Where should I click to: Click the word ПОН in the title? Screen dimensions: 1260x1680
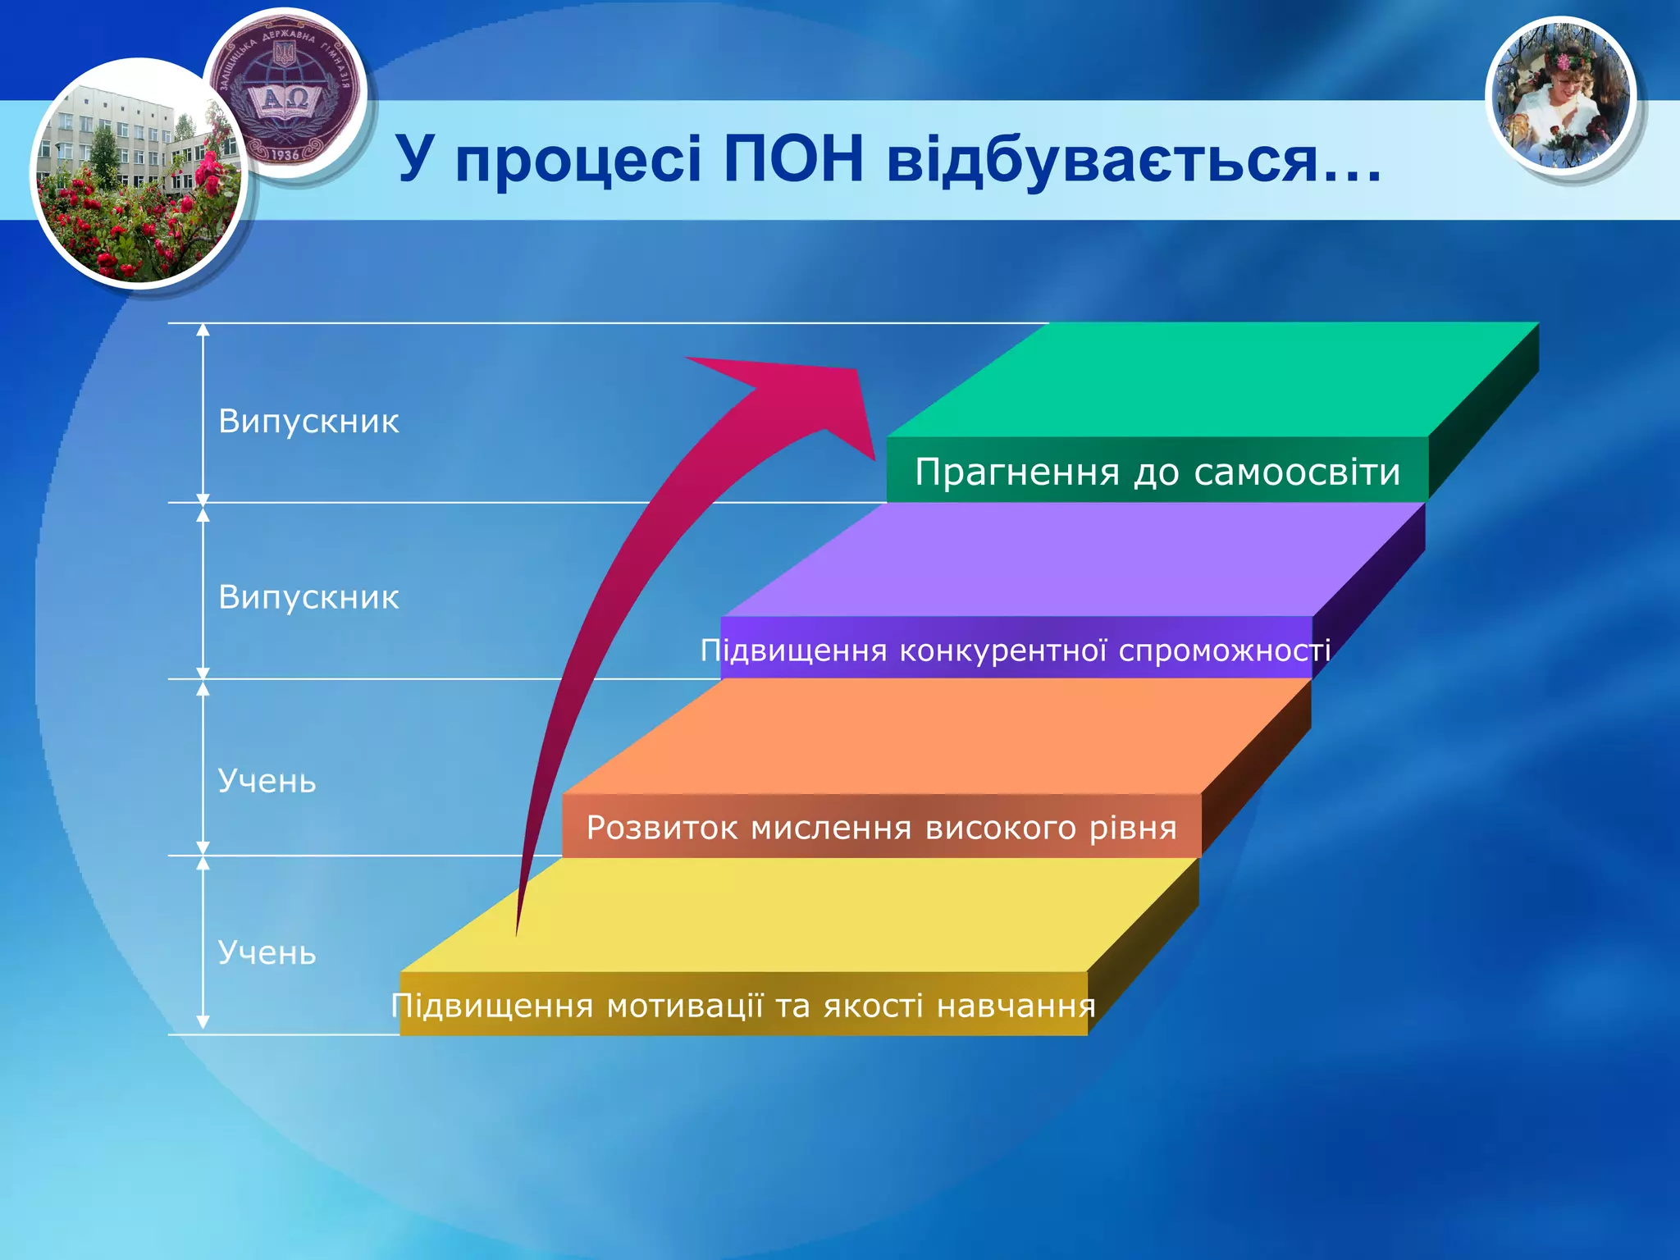pyautogui.click(x=793, y=158)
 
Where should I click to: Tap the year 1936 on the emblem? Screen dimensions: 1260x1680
pyautogui.click(x=285, y=154)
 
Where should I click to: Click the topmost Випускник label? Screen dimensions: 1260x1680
pyautogui.click(x=308, y=422)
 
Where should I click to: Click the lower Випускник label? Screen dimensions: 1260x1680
pyautogui.click(x=308, y=597)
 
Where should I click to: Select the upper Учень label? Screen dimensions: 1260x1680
pyautogui.click(x=267, y=781)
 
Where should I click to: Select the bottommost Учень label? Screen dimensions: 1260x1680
pyautogui.click(x=267, y=953)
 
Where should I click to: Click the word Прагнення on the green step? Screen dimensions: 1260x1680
pyautogui.click(x=1017, y=472)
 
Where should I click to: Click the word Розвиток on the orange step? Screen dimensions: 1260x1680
pyautogui.click(x=662, y=828)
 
